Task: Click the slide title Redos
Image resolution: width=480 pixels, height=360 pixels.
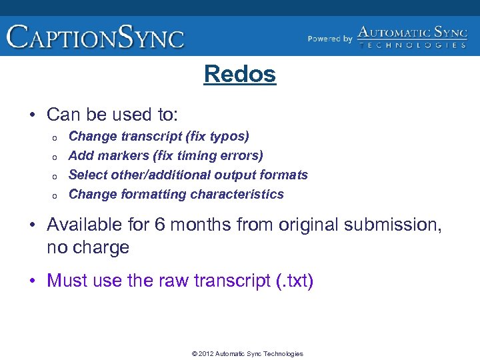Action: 240,74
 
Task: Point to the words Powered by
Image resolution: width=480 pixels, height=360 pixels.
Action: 330,39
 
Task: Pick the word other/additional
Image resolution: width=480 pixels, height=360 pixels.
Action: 151,175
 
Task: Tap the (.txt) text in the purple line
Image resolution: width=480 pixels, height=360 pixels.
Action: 294,281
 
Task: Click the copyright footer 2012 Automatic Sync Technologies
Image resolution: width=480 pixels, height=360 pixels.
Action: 247,354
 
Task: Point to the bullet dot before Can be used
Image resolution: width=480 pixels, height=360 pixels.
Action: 33,115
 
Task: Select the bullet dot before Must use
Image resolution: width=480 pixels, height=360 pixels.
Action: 33,281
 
